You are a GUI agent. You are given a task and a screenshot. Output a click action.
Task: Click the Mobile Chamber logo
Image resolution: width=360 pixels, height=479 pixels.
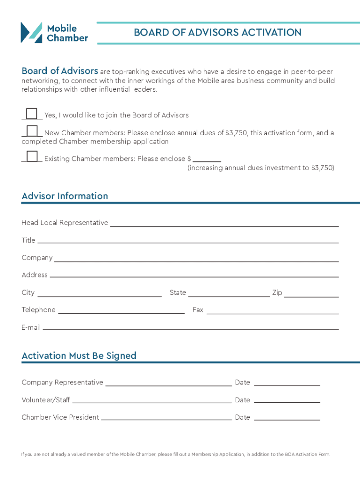(54, 33)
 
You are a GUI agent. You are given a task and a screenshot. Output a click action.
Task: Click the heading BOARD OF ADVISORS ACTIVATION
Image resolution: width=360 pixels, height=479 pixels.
(217, 32)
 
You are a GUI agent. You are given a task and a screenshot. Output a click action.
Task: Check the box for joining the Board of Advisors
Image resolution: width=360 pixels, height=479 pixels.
(32, 114)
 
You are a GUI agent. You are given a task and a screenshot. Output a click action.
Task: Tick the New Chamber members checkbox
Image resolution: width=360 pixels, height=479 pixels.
(32, 131)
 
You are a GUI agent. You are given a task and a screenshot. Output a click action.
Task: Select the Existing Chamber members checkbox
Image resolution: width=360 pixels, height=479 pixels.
(32, 157)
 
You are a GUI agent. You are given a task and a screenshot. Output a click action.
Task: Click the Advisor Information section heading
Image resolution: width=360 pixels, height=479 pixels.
(65, 196)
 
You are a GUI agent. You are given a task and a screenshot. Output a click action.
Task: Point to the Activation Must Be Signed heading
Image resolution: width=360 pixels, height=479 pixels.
(79, 356)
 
